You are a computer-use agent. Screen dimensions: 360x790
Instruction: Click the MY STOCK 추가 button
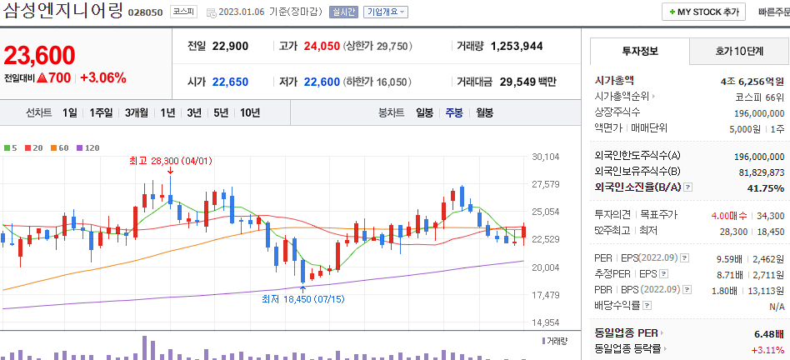[703, 12]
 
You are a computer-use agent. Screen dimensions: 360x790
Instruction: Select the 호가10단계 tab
[738, 51]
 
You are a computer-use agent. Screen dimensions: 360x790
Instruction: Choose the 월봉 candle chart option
[485, 112]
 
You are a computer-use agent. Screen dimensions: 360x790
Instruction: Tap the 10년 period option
[249, 112]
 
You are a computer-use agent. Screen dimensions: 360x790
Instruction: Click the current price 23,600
[39, 55]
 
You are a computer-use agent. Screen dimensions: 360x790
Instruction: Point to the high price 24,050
[322, 46]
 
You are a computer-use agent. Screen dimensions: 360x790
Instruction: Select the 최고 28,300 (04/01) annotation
[164, 159]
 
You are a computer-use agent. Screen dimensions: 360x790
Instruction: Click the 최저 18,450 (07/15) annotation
[302, 298]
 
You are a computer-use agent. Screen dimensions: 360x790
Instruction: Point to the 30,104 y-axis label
[544, 157]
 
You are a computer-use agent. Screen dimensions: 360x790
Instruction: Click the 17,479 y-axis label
[544, 295]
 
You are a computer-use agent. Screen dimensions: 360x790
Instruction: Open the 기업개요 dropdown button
[386, 12]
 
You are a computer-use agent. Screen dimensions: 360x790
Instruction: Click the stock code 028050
[146, 13]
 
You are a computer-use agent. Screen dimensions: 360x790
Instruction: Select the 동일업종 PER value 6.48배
[769, 333]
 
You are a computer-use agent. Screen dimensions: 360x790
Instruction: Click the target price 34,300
[769, 215]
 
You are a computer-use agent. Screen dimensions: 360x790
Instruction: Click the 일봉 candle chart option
[424, 112]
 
